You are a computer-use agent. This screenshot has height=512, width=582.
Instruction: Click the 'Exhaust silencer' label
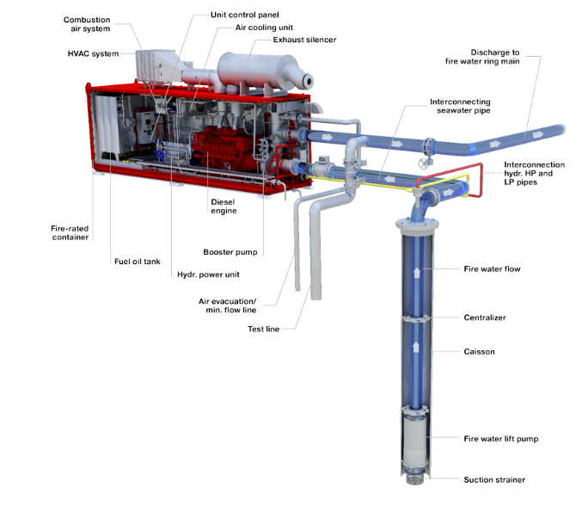click(304, 40)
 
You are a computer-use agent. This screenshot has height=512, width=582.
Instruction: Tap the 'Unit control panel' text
click(245, 15)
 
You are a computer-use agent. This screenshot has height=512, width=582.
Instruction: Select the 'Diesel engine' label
click(224, 207)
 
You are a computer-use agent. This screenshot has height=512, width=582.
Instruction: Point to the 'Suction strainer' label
click(494, 479)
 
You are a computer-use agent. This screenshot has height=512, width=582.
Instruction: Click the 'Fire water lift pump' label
click(500, 439)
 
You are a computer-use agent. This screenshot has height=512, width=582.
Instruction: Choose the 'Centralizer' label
click(485, 318)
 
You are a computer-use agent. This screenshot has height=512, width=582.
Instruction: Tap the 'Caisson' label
click(479, 351)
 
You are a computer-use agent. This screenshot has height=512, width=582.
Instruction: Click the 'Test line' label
click(263, 329)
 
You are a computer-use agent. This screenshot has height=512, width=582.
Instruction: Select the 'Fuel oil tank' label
click(138, 262)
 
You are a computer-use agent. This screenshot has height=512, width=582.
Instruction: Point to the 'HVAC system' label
click(93, 54)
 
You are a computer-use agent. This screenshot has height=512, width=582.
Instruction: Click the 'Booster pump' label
click(230, 252)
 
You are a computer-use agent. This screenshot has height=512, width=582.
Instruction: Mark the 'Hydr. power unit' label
click(208, 275)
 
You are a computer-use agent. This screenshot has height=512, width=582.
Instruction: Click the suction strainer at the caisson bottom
click(415, 478)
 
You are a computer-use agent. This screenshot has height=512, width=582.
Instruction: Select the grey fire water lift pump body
click(416, 439)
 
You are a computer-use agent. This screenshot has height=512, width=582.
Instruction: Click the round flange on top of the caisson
click(417, 224)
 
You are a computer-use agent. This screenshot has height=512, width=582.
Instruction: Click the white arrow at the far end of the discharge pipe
click(537, 135)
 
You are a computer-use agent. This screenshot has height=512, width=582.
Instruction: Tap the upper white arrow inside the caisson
click(417, 272)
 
